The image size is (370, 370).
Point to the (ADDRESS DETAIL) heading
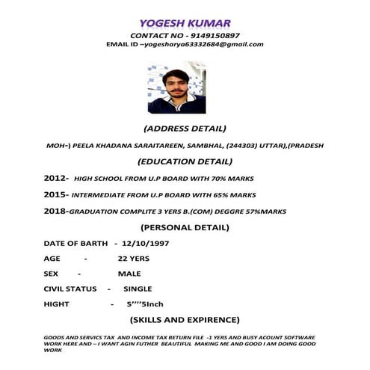(x=185, y=129)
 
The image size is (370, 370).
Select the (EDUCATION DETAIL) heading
(x=185, y=161)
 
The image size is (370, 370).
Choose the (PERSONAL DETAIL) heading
(x=185, y=227)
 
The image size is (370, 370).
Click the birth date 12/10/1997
(x=151, y=244)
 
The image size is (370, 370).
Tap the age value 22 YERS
(x=134, y=259)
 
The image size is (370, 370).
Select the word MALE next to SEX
(x=129, y=274)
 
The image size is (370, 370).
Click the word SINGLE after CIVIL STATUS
(x=138, y=289)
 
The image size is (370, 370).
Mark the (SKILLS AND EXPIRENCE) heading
(x=185, y=320)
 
